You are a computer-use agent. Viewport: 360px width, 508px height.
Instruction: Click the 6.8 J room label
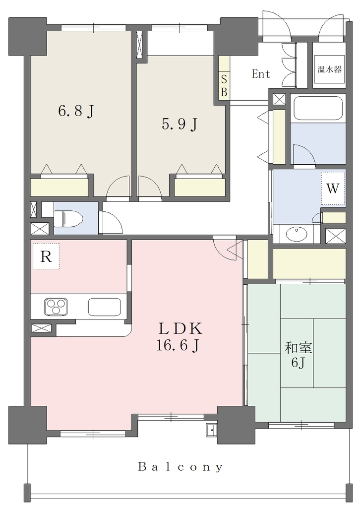[76, 111]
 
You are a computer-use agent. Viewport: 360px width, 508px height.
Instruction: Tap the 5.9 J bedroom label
[180, 124]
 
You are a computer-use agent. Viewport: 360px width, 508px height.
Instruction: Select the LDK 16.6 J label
[180, 337]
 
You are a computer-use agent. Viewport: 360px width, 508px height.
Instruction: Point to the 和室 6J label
[298, 355]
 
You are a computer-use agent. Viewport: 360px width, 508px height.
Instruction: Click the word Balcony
[180, 467]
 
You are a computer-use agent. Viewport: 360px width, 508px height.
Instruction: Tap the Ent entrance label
[261, 74]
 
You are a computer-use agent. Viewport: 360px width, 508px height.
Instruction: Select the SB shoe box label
[224, 85]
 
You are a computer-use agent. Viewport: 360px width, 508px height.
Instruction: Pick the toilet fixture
[68, 218]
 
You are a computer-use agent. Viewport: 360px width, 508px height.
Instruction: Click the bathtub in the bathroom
[318, 108]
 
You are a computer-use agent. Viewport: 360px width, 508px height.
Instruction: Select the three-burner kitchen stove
[56, 306]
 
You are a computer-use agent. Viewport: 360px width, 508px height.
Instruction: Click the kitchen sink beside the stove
[105, 306]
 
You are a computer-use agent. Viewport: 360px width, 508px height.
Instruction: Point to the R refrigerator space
[46, 256]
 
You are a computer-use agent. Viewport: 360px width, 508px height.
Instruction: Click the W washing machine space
[333, 188]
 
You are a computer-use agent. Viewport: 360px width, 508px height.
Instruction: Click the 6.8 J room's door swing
[119, 187]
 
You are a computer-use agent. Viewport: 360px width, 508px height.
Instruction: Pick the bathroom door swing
[304, 155]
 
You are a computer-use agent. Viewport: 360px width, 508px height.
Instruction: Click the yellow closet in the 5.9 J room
[200, 187]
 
